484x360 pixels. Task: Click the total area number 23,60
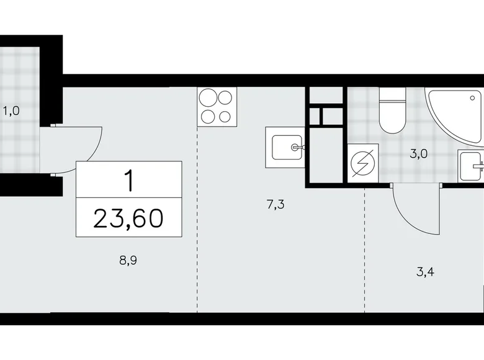(130, 218)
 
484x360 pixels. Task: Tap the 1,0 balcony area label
(12, 112)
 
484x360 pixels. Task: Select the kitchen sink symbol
(285, 148)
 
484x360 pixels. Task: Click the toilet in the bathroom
(392, 110)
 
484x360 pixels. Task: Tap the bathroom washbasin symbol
(472, 166)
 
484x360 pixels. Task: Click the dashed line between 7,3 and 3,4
(365, 248)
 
